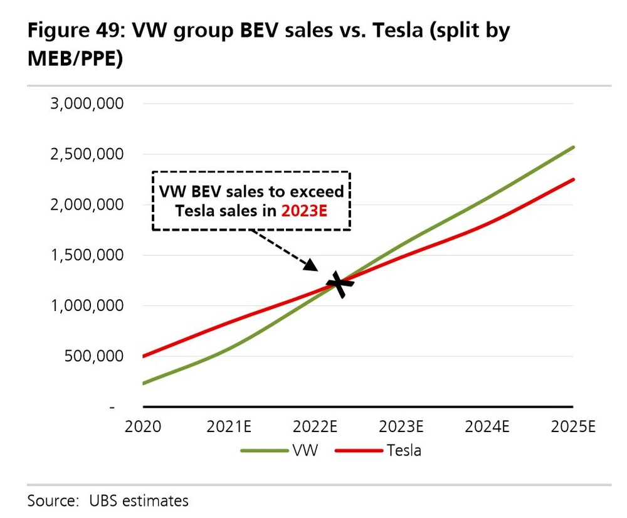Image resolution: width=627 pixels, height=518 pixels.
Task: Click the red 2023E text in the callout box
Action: [x=305, y=211]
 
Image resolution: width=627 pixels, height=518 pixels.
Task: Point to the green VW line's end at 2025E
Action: [x=573, y=147]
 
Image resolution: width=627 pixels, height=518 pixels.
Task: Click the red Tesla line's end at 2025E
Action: [x=573, y=179]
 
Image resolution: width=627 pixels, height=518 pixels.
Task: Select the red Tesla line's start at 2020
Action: [x=144, y=356]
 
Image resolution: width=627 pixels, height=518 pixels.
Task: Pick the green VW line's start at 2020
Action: [x=144, y=383]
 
